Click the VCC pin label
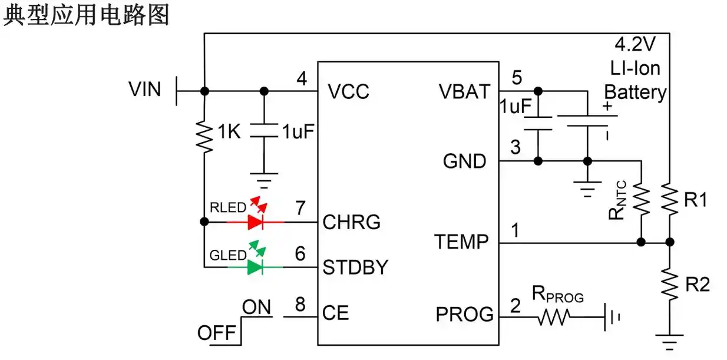pos(349,92)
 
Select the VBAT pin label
pos(464,92)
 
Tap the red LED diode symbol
pos(255,222)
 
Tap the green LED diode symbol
pos(255,267)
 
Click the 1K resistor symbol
pos(204,136)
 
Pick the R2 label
pos(697,285)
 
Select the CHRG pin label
pos(352,222)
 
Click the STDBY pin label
pos(356,268)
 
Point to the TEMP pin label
pos(462,242)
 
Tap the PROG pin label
pos(465,315)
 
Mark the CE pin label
pos(336,313)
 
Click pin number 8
pos(300,305)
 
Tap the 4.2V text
pos(635,45)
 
